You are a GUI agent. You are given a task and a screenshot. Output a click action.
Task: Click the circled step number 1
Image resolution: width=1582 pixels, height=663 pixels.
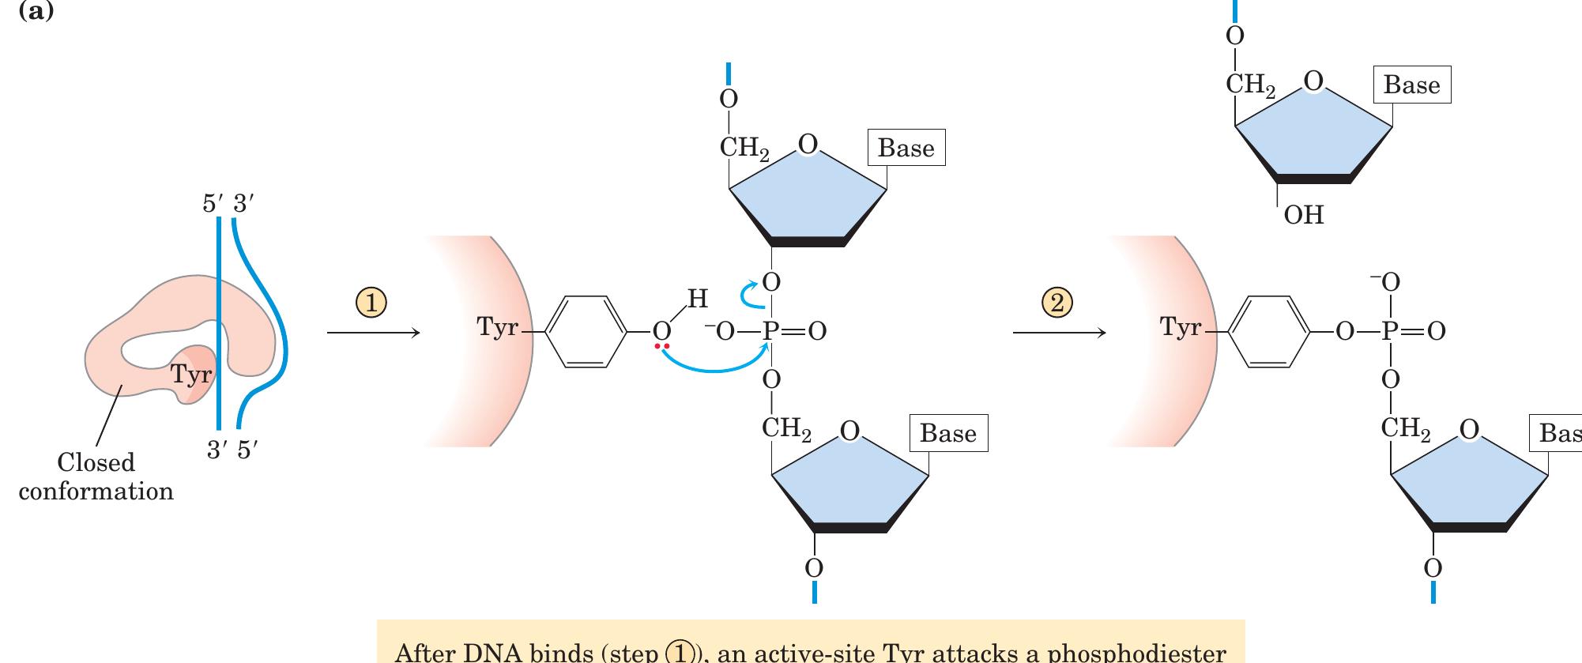371,303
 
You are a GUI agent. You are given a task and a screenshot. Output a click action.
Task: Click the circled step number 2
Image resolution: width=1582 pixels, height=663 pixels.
1058,303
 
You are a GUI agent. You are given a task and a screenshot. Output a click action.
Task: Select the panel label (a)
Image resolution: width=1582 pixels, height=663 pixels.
36,12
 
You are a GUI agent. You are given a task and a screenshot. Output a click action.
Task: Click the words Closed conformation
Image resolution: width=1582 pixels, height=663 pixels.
96,477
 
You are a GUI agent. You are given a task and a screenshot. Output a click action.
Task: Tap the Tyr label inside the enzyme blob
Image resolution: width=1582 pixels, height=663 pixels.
191,374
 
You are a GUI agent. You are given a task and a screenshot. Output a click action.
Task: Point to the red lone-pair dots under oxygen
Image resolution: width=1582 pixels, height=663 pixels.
661,347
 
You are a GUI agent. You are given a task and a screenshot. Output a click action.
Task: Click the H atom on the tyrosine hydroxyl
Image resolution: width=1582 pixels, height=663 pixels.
697,299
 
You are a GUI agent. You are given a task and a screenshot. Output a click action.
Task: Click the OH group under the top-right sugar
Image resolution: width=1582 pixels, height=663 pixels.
1303,215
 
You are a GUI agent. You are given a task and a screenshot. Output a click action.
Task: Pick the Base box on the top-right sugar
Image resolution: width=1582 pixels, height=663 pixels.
1411,85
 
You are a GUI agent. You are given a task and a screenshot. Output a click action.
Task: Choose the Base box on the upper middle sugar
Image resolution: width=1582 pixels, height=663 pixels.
906,148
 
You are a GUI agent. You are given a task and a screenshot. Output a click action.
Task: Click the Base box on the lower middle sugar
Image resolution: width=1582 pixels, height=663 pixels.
947,433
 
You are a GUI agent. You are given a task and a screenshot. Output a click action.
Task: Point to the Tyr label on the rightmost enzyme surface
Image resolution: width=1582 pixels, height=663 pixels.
1180,326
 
